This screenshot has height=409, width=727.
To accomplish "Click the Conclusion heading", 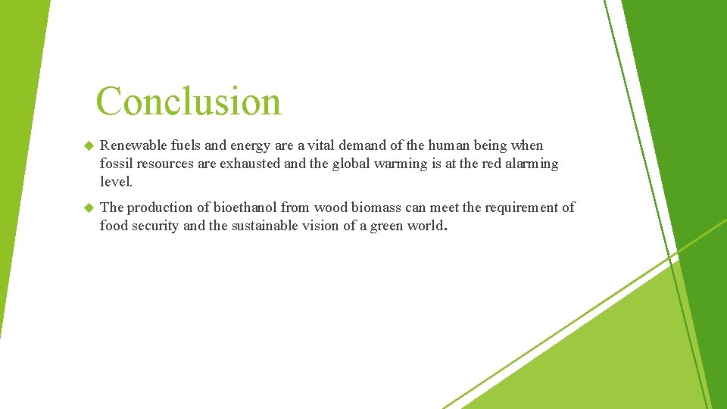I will coord(189,101).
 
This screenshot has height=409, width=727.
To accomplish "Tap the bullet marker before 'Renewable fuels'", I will coord(87,145).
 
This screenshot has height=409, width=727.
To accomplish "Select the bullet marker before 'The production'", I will coord(87,208).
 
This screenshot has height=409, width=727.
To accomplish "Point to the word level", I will coord(115,182).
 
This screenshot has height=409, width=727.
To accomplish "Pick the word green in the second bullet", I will coord(387,226).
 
